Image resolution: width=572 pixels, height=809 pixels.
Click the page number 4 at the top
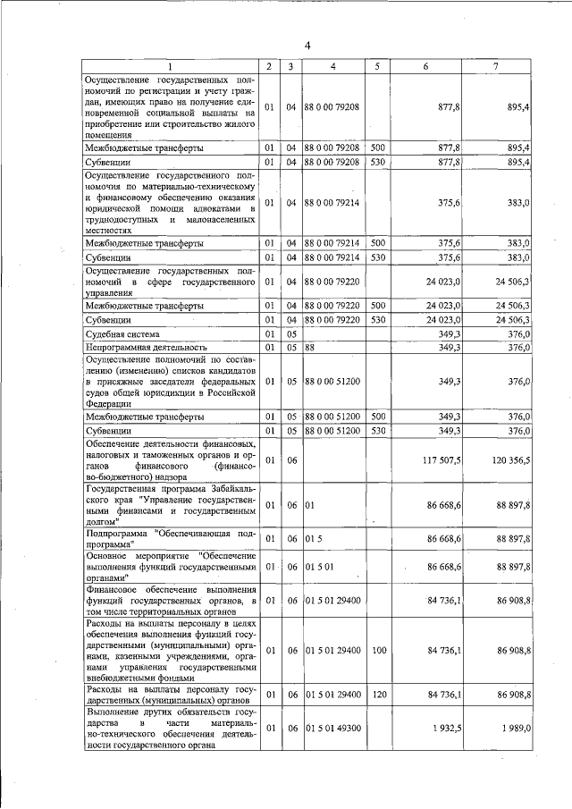click(307, 46)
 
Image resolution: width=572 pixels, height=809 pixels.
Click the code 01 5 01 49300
click(332, 729)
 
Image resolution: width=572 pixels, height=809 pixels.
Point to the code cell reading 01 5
click(313, 539)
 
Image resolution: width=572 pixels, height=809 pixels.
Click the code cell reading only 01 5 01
click(318, 568)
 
